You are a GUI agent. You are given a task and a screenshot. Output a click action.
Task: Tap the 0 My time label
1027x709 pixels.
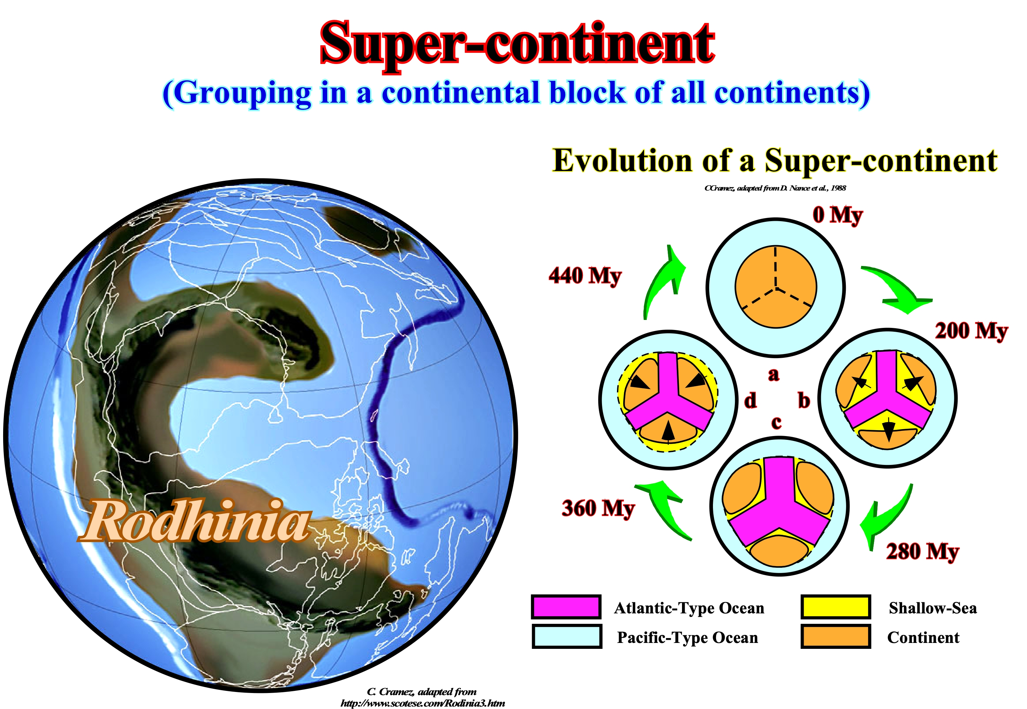coord(837,216)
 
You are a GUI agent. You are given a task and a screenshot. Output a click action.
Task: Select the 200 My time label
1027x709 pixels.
coord(971,331)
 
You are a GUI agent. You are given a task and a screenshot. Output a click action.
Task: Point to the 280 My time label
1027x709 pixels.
coord(923,552)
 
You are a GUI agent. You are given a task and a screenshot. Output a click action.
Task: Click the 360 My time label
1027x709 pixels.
coord(598,509)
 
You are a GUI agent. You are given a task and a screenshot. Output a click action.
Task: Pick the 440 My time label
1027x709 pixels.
coord(585,276)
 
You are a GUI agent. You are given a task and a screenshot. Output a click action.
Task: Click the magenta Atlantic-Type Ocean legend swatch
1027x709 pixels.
coord(566,607)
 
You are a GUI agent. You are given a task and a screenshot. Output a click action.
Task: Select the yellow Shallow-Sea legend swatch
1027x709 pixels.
coord(836,607)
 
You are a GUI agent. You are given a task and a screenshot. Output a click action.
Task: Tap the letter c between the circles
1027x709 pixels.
coord(776,422)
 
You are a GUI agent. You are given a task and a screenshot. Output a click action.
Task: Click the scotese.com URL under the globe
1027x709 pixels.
coord(423,703)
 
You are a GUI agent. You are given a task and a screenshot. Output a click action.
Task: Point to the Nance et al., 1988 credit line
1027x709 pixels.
coord(775,188)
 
